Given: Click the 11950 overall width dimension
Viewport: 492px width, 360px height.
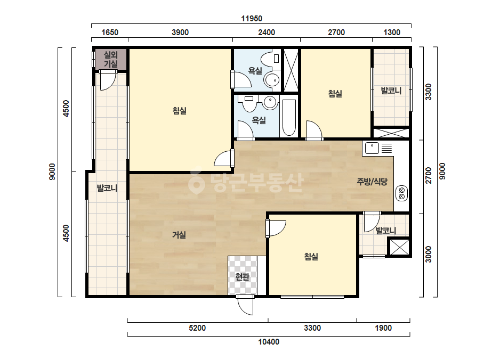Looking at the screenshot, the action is [x=252, y=19].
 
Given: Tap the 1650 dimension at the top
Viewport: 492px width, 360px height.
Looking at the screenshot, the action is [x=110, y=32].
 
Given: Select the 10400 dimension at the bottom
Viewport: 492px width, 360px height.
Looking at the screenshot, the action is [x=269, y=341].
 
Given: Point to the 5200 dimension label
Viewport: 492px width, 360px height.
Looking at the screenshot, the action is [x=197, y=328].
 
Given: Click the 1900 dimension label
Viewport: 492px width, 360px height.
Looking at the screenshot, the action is [x=383, y=328].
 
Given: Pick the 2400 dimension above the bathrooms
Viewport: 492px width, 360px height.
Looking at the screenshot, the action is [x=267, y=32].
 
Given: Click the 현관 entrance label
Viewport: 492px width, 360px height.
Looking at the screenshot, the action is [x=242, y=277].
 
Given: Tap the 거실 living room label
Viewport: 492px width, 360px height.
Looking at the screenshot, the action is [x=179, y=235].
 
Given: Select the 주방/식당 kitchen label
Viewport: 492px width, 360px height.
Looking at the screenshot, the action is [x=372, y=181].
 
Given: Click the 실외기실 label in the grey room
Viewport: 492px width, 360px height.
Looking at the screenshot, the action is [x=111, y=59].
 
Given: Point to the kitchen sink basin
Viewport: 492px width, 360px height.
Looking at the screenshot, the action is [x=372, y=148].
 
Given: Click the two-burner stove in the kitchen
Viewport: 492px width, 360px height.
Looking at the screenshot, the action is [x=401, y=193].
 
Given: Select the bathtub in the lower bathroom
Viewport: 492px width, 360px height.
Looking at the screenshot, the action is [x=289, y=118].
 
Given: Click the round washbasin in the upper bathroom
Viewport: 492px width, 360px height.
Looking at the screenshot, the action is [x=271, y=80].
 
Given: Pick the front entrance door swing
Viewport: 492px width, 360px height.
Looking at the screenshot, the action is [x=245, y=305].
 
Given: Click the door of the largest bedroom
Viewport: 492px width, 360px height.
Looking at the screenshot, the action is [x=224, y=158].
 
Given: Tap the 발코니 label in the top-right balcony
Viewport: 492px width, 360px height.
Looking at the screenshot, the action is [x=391, y=91].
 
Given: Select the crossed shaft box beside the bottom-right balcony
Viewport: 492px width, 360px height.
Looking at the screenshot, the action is [x=399, y=247].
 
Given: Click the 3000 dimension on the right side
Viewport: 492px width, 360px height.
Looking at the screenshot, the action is [x=428, y=255].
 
